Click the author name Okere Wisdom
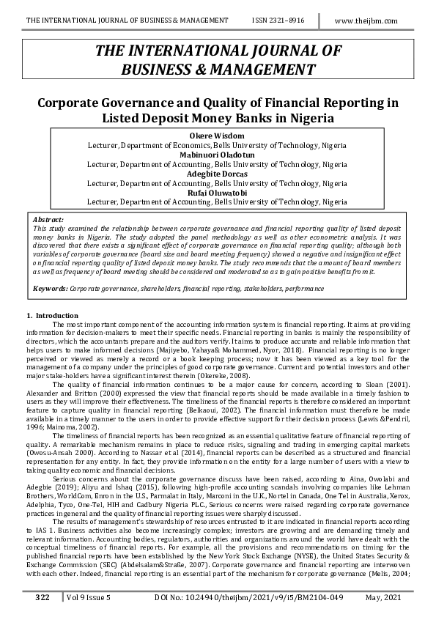point(217,136)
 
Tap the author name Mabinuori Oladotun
point(217,155)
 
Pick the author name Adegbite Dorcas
point(217,174)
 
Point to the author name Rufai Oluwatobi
point(217,192)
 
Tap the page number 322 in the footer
point(42,598)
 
